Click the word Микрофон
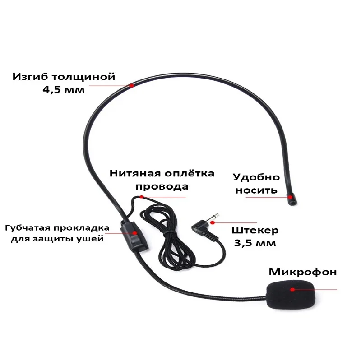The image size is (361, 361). pos(303,272)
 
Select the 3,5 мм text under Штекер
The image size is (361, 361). pos(254,244)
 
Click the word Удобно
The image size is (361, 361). pos(256,177)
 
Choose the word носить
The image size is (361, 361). pos(256,190)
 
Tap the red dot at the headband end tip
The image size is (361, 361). pos(290,196)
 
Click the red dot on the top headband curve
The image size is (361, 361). pos(131,85)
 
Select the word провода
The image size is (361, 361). pos(162,186)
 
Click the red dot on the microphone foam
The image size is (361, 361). pos(292,289)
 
